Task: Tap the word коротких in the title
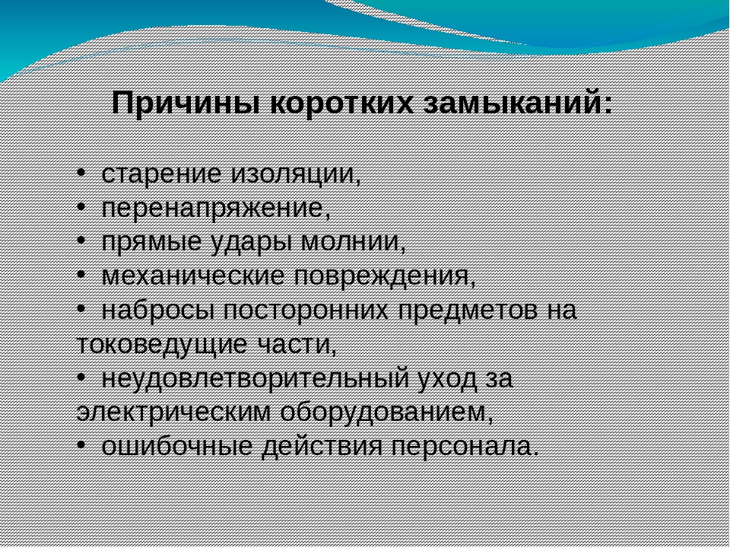[341, 104]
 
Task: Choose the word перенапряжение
[215, 209]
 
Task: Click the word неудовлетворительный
[255, 379]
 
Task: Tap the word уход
[448, 379]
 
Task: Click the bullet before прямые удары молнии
[81, 241]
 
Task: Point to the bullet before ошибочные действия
[81, 445]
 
